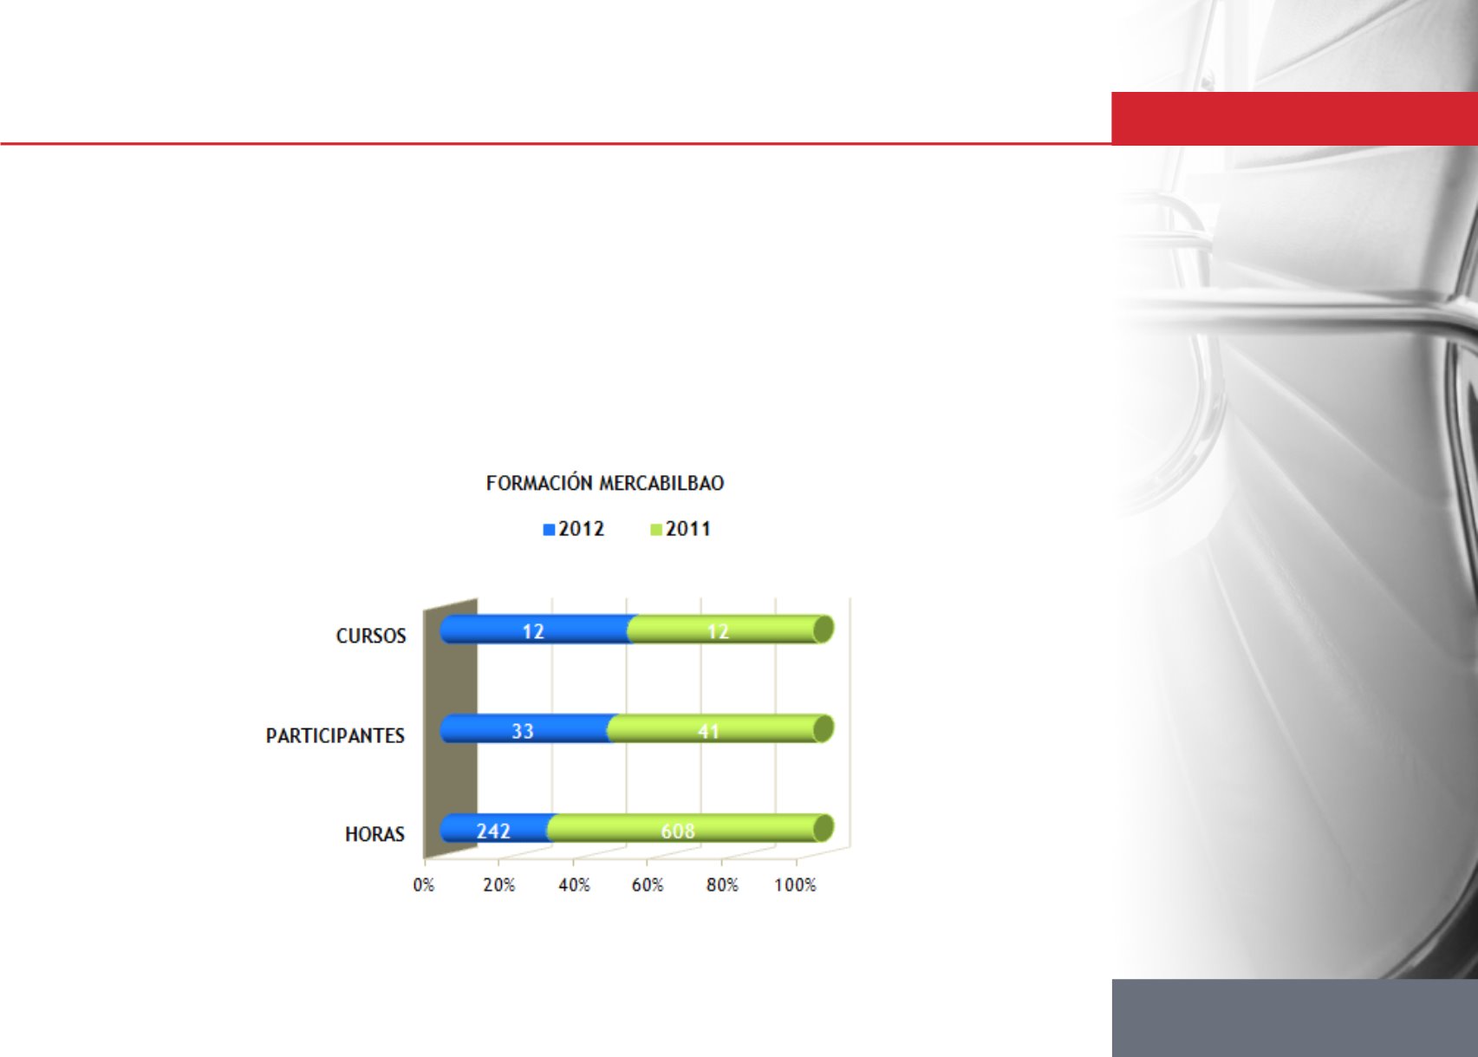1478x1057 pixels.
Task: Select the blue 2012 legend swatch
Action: [549, 530]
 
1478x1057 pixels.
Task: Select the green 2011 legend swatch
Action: [656, 530]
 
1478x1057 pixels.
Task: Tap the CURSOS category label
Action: [371, 636]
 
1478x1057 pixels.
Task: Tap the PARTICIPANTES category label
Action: [335, 735]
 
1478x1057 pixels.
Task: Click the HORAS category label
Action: [374, 834]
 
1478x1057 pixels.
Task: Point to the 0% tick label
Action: [424, 884]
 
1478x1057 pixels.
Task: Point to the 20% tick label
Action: [498, 884]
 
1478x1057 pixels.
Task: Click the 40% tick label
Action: [574, 884]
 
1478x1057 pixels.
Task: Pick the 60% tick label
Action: [648, 884]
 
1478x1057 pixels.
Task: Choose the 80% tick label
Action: [722, 884]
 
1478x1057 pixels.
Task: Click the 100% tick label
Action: [795, 884]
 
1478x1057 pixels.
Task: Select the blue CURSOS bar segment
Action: [536, 629]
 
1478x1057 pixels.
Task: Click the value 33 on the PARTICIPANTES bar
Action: [523, 731]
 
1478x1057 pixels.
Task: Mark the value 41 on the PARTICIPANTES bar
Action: [708, 731]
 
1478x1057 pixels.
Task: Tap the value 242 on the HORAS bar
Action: [493, 831]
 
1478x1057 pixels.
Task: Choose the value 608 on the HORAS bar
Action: [678, 831]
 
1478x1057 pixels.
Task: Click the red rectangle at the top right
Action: [1294, 118]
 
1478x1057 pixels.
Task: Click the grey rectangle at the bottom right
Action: [1294, 1018]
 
